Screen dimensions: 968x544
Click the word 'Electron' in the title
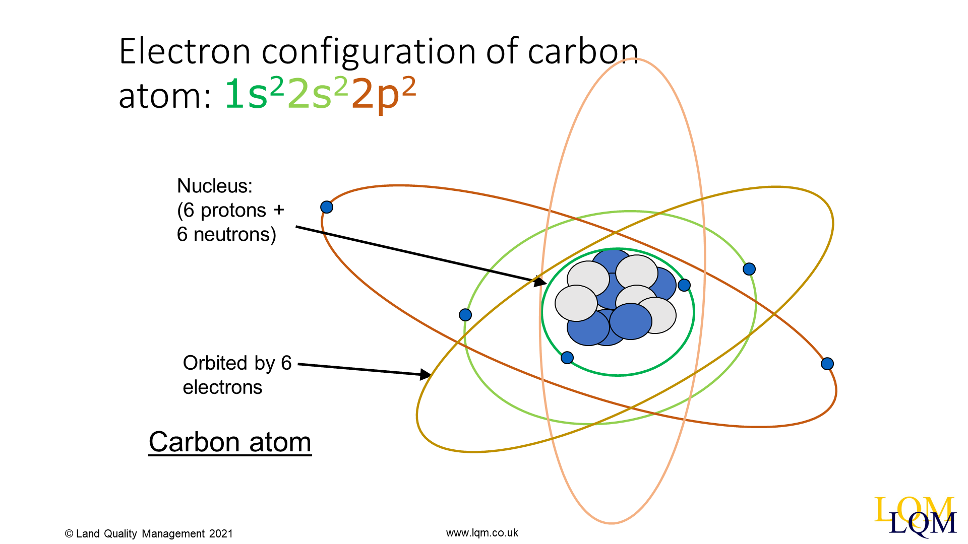[x=185, y=51]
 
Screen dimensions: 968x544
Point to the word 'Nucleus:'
[x=215, y=186]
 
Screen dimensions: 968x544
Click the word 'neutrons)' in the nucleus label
[x=235, y=235]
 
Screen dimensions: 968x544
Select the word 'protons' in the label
[x=233, y=211]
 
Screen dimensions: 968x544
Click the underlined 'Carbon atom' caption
[x=230, y=442]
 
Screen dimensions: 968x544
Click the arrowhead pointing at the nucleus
[x=540, y=281]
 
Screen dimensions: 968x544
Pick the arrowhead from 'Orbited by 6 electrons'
[x=426, y=374]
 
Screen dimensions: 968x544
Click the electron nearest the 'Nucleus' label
[x=327, y=207]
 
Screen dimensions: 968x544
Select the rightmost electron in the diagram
[x=827, y=364]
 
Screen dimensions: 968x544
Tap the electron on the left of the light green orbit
[x=465, y=315]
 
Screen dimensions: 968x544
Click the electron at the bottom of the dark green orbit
[x=567, y=358]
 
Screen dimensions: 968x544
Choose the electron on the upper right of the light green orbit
[x=749, y=269]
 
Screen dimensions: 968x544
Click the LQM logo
[x=915, y=516]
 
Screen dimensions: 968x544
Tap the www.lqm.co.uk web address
[x=482, y=533]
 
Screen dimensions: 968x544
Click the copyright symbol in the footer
[x=69, y=534]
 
